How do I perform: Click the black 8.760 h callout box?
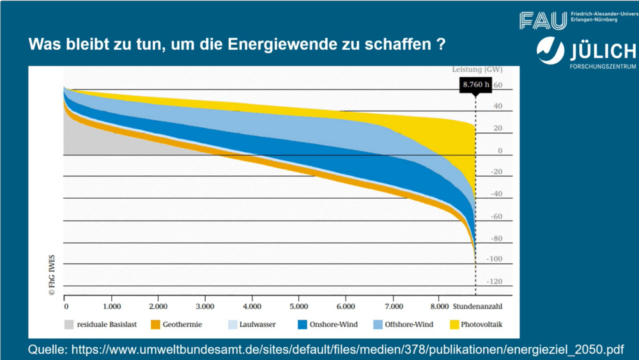click(x=475, y=84)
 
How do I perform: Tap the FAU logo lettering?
click(x=543, y=20)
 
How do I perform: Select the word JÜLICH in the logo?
click(x=601, y=51)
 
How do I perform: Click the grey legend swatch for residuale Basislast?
click(x=69, y=324)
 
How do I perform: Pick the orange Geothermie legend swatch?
click(x=155, y=324)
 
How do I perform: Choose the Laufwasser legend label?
click(x=258, y=324)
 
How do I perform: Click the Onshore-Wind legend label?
click(x=334, y=324)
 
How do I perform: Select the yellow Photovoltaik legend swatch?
click(x=455, y=324)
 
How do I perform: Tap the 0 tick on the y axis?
click(x=500, y=151)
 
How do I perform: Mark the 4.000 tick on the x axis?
click(x=252, y=306)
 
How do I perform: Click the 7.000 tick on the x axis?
click(x=393, y=306)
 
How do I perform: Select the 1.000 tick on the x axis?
click(x=111, y=306)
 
